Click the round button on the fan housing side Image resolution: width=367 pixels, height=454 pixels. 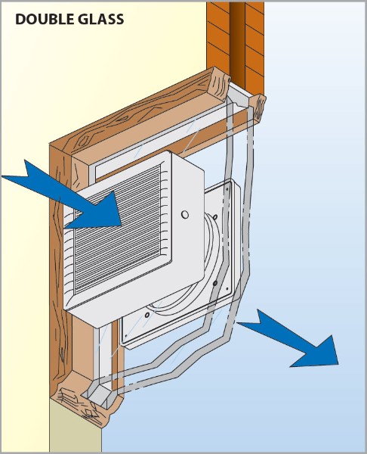(185, 215)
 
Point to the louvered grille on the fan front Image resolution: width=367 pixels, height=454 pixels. (119, 229)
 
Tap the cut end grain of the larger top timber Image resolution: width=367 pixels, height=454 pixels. (221, 84)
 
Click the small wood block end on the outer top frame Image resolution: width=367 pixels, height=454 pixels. (258, 107)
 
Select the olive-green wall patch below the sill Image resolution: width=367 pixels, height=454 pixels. (76, 425)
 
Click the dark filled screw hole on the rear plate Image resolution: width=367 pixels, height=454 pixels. (214, 284)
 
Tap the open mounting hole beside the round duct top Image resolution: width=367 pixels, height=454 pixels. (215, 216)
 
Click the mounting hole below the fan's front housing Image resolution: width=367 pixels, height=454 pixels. (147, 315)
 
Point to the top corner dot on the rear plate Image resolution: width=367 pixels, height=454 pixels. (227, 188)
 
